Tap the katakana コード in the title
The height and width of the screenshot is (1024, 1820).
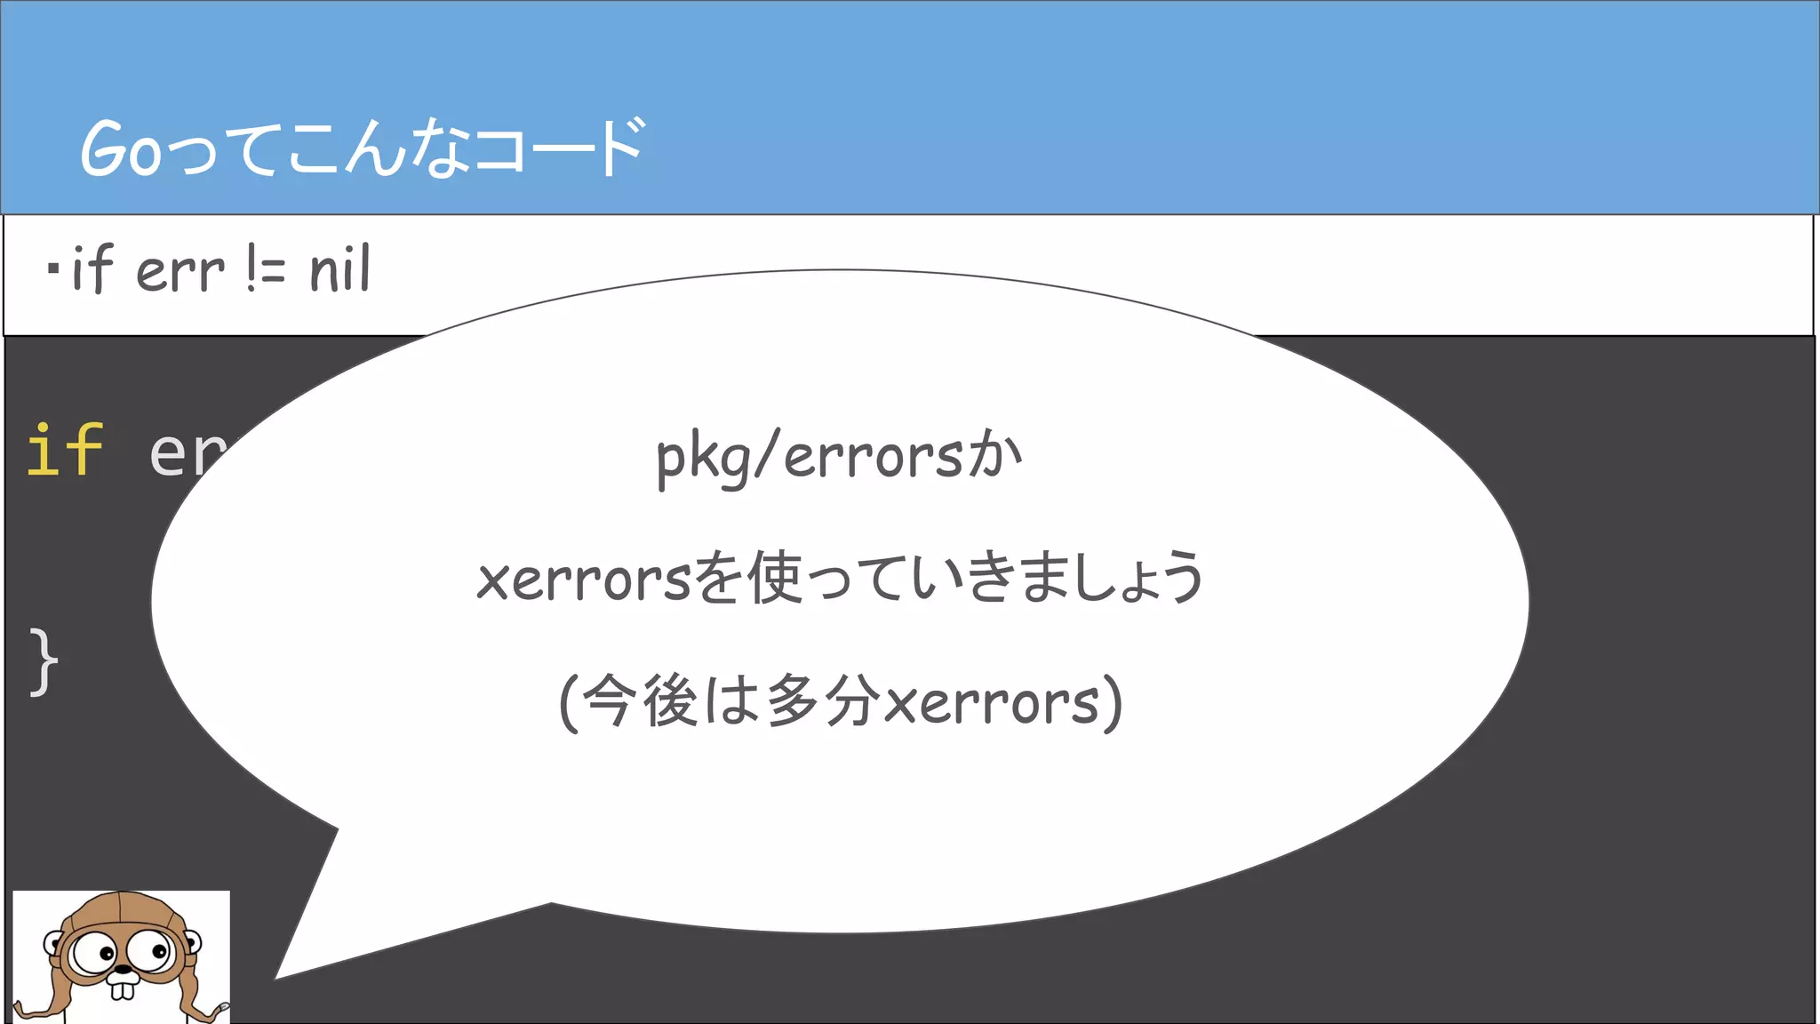point(560,148)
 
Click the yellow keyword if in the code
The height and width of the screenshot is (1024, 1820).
point(65,450)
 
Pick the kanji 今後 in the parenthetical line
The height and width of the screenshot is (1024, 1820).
point(640,700)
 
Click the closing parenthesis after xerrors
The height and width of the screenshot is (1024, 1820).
point(1113,702)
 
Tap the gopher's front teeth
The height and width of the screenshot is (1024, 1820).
point(123,989)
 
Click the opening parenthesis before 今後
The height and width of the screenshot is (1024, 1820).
point(569,702)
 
